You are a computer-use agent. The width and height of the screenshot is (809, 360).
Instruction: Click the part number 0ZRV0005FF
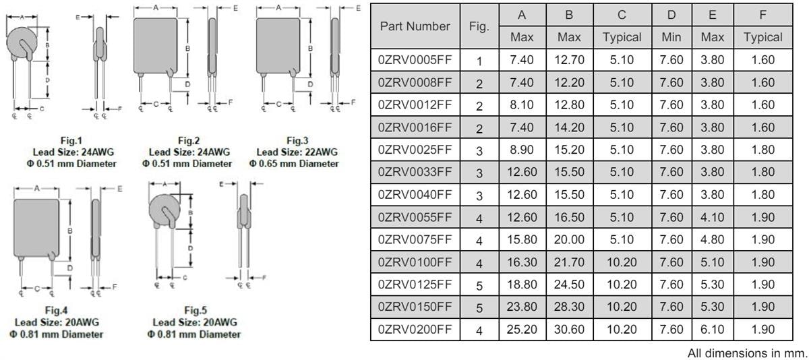[x=415, y=60]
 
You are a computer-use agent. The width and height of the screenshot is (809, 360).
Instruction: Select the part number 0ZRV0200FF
[x=415, y=329]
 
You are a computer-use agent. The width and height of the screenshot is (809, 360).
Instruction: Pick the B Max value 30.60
[x=569, y=329]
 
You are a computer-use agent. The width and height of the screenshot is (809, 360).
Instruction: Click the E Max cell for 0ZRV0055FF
[x=712, y=217]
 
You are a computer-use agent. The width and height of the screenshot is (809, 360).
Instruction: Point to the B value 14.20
[x=569, y=127]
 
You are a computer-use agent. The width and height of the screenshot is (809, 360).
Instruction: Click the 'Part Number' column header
[x=415, y=26]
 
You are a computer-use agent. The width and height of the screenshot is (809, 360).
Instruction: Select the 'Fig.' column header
[x=479, y=26]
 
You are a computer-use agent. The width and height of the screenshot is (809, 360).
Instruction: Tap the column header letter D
[x=671, y=15]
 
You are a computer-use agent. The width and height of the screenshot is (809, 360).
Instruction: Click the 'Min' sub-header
[x=671, y=38]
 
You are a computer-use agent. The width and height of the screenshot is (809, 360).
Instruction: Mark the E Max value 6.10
[x=712, y=329]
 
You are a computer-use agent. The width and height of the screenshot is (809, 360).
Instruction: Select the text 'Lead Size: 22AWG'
[x=297, y=152]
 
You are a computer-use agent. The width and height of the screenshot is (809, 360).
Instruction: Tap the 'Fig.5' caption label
[x=196, y=310]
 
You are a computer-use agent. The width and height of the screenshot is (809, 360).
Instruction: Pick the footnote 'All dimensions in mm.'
[x=746, y=353]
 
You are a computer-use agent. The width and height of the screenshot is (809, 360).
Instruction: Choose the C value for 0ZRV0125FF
[x=621, y=284]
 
